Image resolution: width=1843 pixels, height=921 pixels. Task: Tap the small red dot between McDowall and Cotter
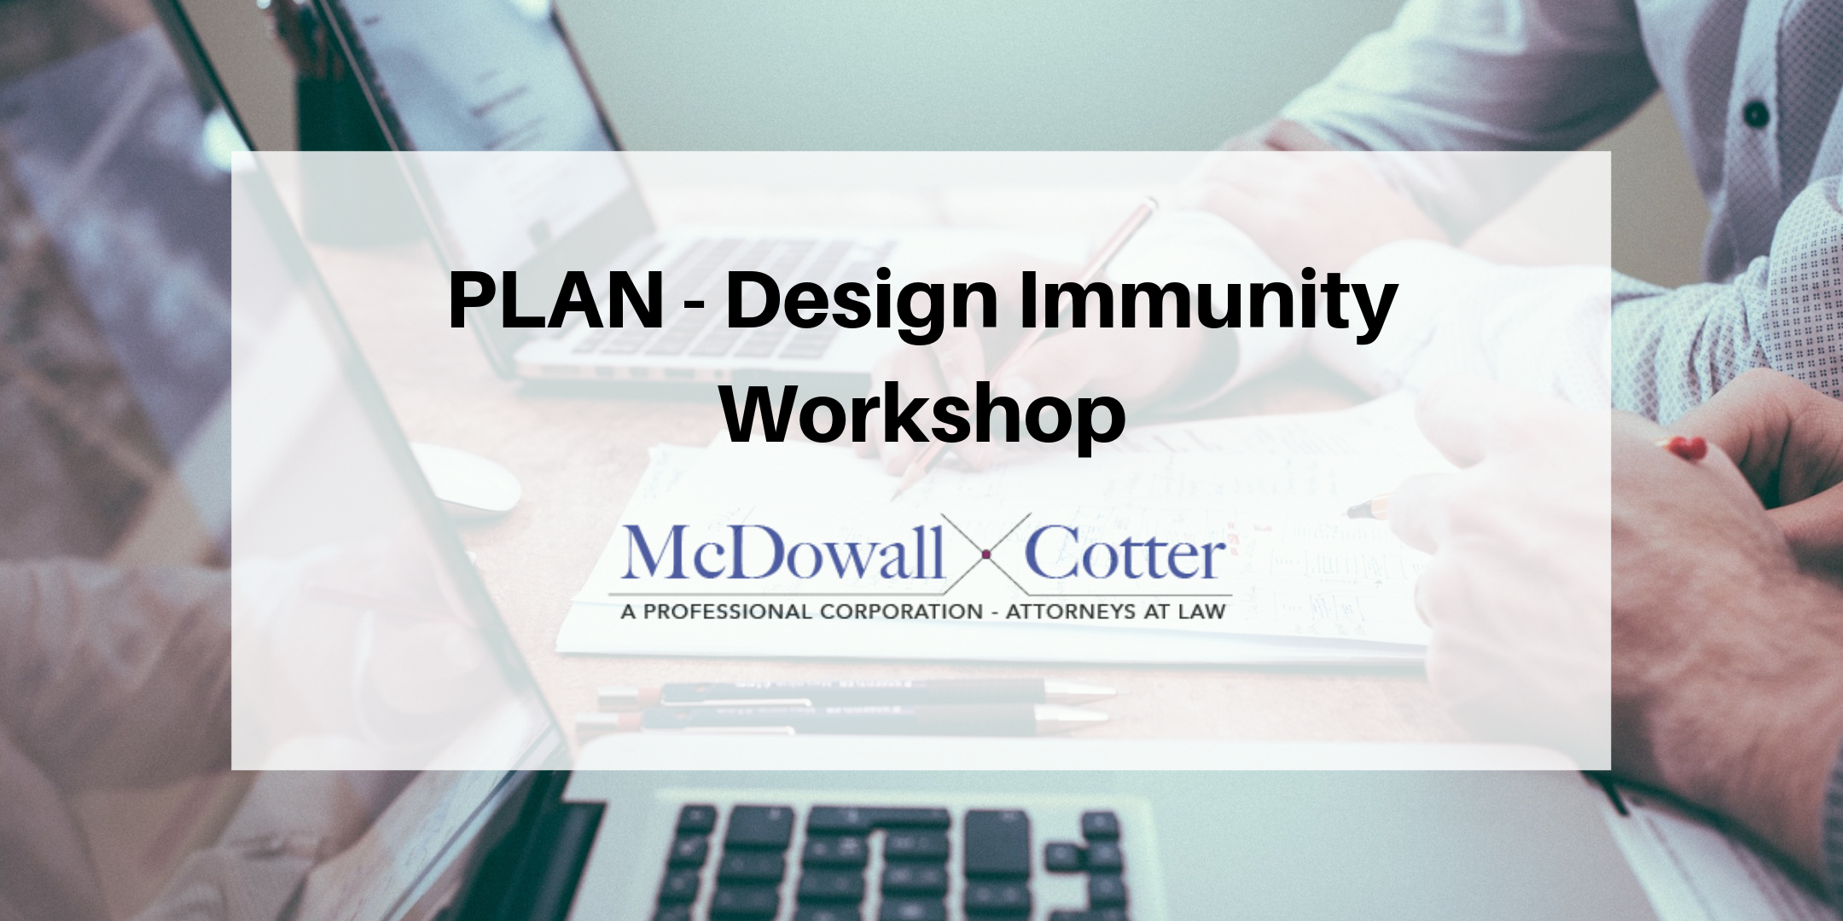click(x=985, y=555)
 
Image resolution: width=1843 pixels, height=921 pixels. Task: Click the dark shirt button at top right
click(x=1754, y=113)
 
